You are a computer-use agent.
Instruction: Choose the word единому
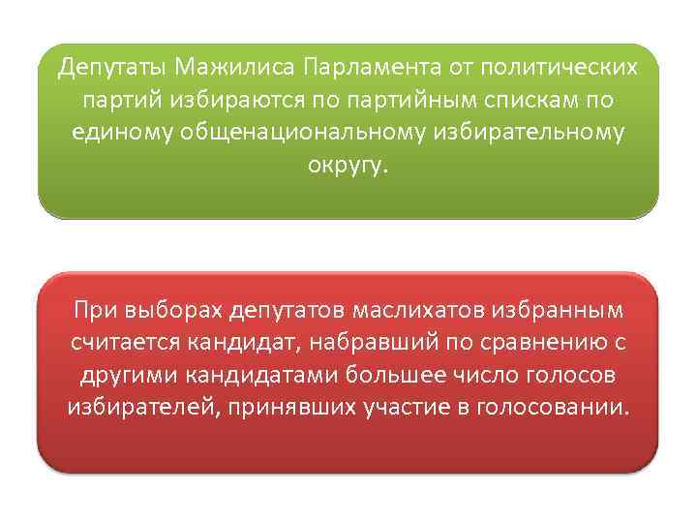pyautogui.click(x=123, y=132)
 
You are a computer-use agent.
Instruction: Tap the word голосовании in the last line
pyautogui.click(x=548, y=406)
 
